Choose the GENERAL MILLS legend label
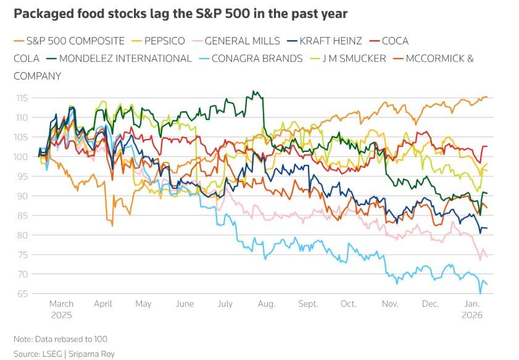(x=242, y=41)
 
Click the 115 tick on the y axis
(x=23, y=98)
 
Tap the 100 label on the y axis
(x=23, y=157)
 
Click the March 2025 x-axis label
(x=61, y=309)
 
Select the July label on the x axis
(x=225, y=304)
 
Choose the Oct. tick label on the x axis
(x=349, y=304)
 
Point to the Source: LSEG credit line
(x=64, y=354)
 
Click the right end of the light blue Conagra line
(x=487, y=284)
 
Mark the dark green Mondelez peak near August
(x=253, y=92)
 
